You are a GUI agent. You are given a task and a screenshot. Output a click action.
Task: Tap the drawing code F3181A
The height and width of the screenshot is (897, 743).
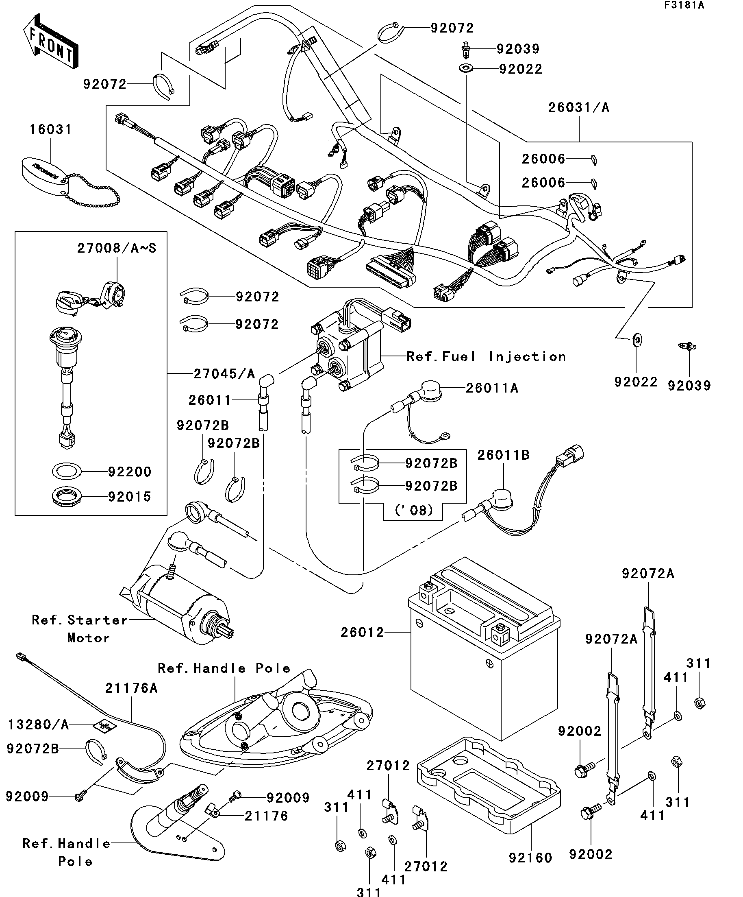(x=684, y=6)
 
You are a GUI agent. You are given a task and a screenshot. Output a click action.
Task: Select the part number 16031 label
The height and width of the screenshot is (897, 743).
(x=50, y=129)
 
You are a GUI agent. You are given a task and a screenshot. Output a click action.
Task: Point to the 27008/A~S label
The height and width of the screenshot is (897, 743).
(x=117, y=248)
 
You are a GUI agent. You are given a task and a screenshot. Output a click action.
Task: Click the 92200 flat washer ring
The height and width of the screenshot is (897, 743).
(x=66, y=471)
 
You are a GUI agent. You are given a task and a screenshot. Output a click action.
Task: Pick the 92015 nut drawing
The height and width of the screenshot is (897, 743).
(x=66, y=496)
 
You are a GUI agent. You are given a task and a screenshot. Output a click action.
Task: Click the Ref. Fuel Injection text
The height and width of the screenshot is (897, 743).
(x=486, y=357)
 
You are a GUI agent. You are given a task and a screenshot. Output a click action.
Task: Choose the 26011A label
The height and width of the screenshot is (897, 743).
(x=492, y=388)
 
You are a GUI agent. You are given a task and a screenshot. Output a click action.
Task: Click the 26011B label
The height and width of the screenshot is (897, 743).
(x=503, y=455)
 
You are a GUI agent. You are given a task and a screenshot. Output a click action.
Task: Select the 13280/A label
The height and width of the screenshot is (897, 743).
(x=38, y=725)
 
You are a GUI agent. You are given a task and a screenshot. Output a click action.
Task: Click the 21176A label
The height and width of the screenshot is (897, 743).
(x=131, y=688)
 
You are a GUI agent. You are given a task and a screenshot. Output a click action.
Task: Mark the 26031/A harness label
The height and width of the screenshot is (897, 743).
(x=579, y=108)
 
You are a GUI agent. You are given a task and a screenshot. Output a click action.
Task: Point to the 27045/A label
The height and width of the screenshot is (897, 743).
(x=224, y=374)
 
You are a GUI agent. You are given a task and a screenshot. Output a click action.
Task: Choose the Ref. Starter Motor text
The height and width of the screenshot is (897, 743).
(x=80, y=629)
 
